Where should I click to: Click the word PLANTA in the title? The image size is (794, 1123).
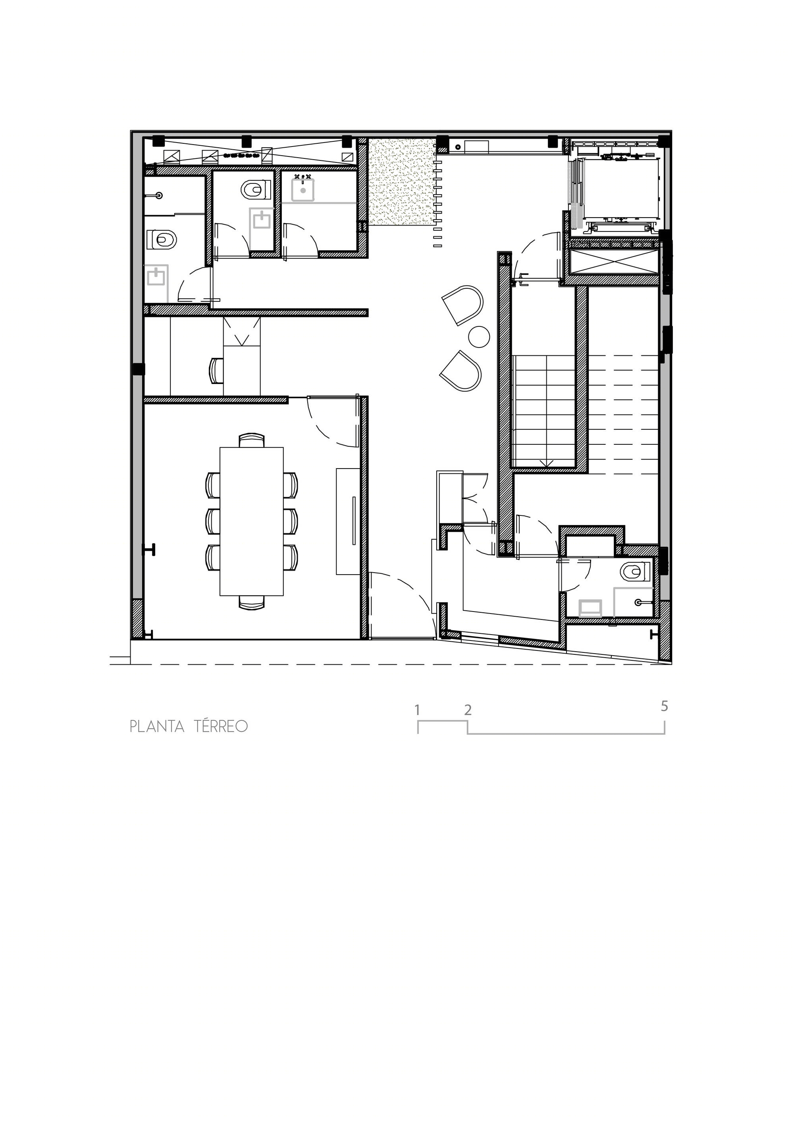pyautogui.click(x=157, y=727)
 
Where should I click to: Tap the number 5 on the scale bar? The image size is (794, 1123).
pyautogui.click(x=664, y=706)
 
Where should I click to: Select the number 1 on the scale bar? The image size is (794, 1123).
pyautogui.click(x=417, y=710)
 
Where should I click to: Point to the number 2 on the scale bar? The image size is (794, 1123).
pyautogui.click(x=468, y=710)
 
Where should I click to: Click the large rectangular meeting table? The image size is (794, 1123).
pyautogui.click(x=251, y=521)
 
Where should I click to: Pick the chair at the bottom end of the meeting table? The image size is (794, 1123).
pyautogui.click(x=252, y=602)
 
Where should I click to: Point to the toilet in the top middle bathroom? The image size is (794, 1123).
pyautogui.click(x=256, y=190)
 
